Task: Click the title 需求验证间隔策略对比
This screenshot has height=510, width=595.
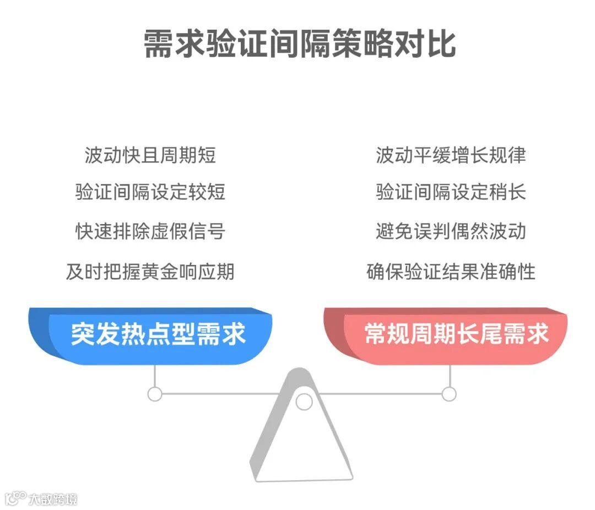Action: pyautogui.click(x=299, y=44)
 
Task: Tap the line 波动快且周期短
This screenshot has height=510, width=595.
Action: pyautogui.click(x=150, y=155)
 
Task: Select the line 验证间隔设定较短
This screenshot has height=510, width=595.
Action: pyautogui.click(x=150, y=192)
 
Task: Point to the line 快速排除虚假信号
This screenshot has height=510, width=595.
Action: pyautogui.click(x=150, y=231)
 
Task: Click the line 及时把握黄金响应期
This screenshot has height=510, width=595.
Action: pyautogui.click(x=150, y=271)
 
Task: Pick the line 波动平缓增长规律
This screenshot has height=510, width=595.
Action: pyautogui.click(x=451, y=155)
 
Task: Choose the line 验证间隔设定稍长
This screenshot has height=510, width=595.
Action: pyautogui.click(x=451, y=192)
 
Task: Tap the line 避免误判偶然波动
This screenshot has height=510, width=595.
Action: pyautogui.click(x=451, y=231)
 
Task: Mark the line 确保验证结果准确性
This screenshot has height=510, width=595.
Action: pyautogui.click(x=451, y=271)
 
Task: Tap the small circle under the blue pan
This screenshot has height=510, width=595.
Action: pyautogui.click(x=155, y=394)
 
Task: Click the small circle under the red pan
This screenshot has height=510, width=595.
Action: pyautogui.click(x=450, y=394)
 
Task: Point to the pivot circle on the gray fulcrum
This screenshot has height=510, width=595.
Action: pyautogui.click(x=304, y=402)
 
